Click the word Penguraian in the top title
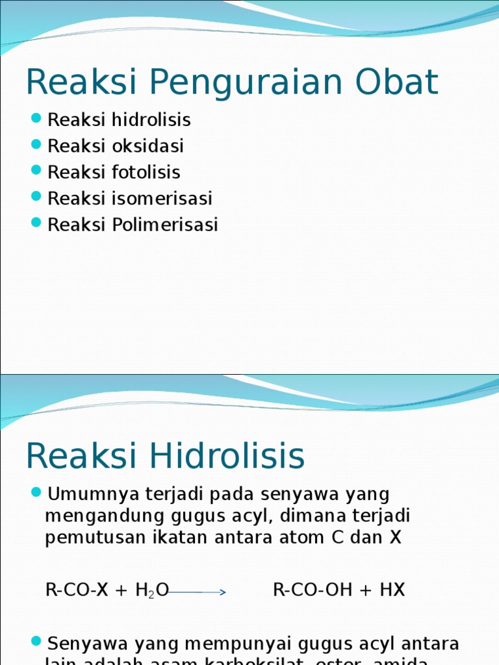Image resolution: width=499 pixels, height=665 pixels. coord(249,83)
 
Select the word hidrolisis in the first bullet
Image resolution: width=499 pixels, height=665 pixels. coord(151,120)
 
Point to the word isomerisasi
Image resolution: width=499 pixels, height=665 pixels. coord(162,198)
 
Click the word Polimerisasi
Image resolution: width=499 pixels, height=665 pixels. coord(165,225)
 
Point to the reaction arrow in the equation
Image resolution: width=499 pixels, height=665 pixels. coord(198,592)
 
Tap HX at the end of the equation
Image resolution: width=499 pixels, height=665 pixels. coord(391,590)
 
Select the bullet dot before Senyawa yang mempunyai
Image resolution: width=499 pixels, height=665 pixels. coord(36,642)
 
